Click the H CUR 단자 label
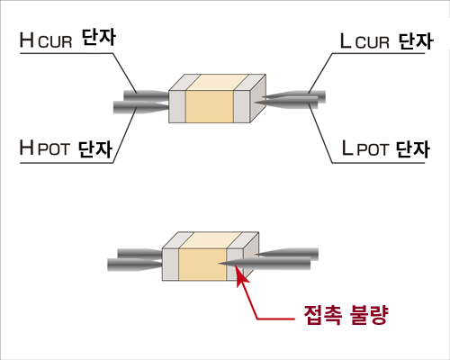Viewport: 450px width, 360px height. (67, 39)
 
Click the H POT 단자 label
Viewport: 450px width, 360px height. (66, 148)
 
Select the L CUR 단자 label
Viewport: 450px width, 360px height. (387, 40)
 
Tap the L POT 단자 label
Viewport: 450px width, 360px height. (386, 148)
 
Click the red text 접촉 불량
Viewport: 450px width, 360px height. (346, 315)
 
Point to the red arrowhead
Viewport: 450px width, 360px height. (241, 276)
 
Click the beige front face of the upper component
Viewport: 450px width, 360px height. (210, 106)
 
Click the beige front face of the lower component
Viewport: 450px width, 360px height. (202, 265)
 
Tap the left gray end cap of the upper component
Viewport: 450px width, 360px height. (177, 106)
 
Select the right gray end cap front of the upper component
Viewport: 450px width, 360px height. (242, 106)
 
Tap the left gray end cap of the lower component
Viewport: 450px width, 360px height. (170, 265)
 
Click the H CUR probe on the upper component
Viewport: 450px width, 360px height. (146, 95)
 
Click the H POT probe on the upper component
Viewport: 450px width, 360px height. (141, 107)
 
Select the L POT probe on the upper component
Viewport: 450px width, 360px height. (286, 103)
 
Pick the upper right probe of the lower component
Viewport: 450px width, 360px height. (286, 254)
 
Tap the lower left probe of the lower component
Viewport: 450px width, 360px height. (135, 265)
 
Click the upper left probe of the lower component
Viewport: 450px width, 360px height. (139, 254)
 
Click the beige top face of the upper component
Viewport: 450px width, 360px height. (217, 83)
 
